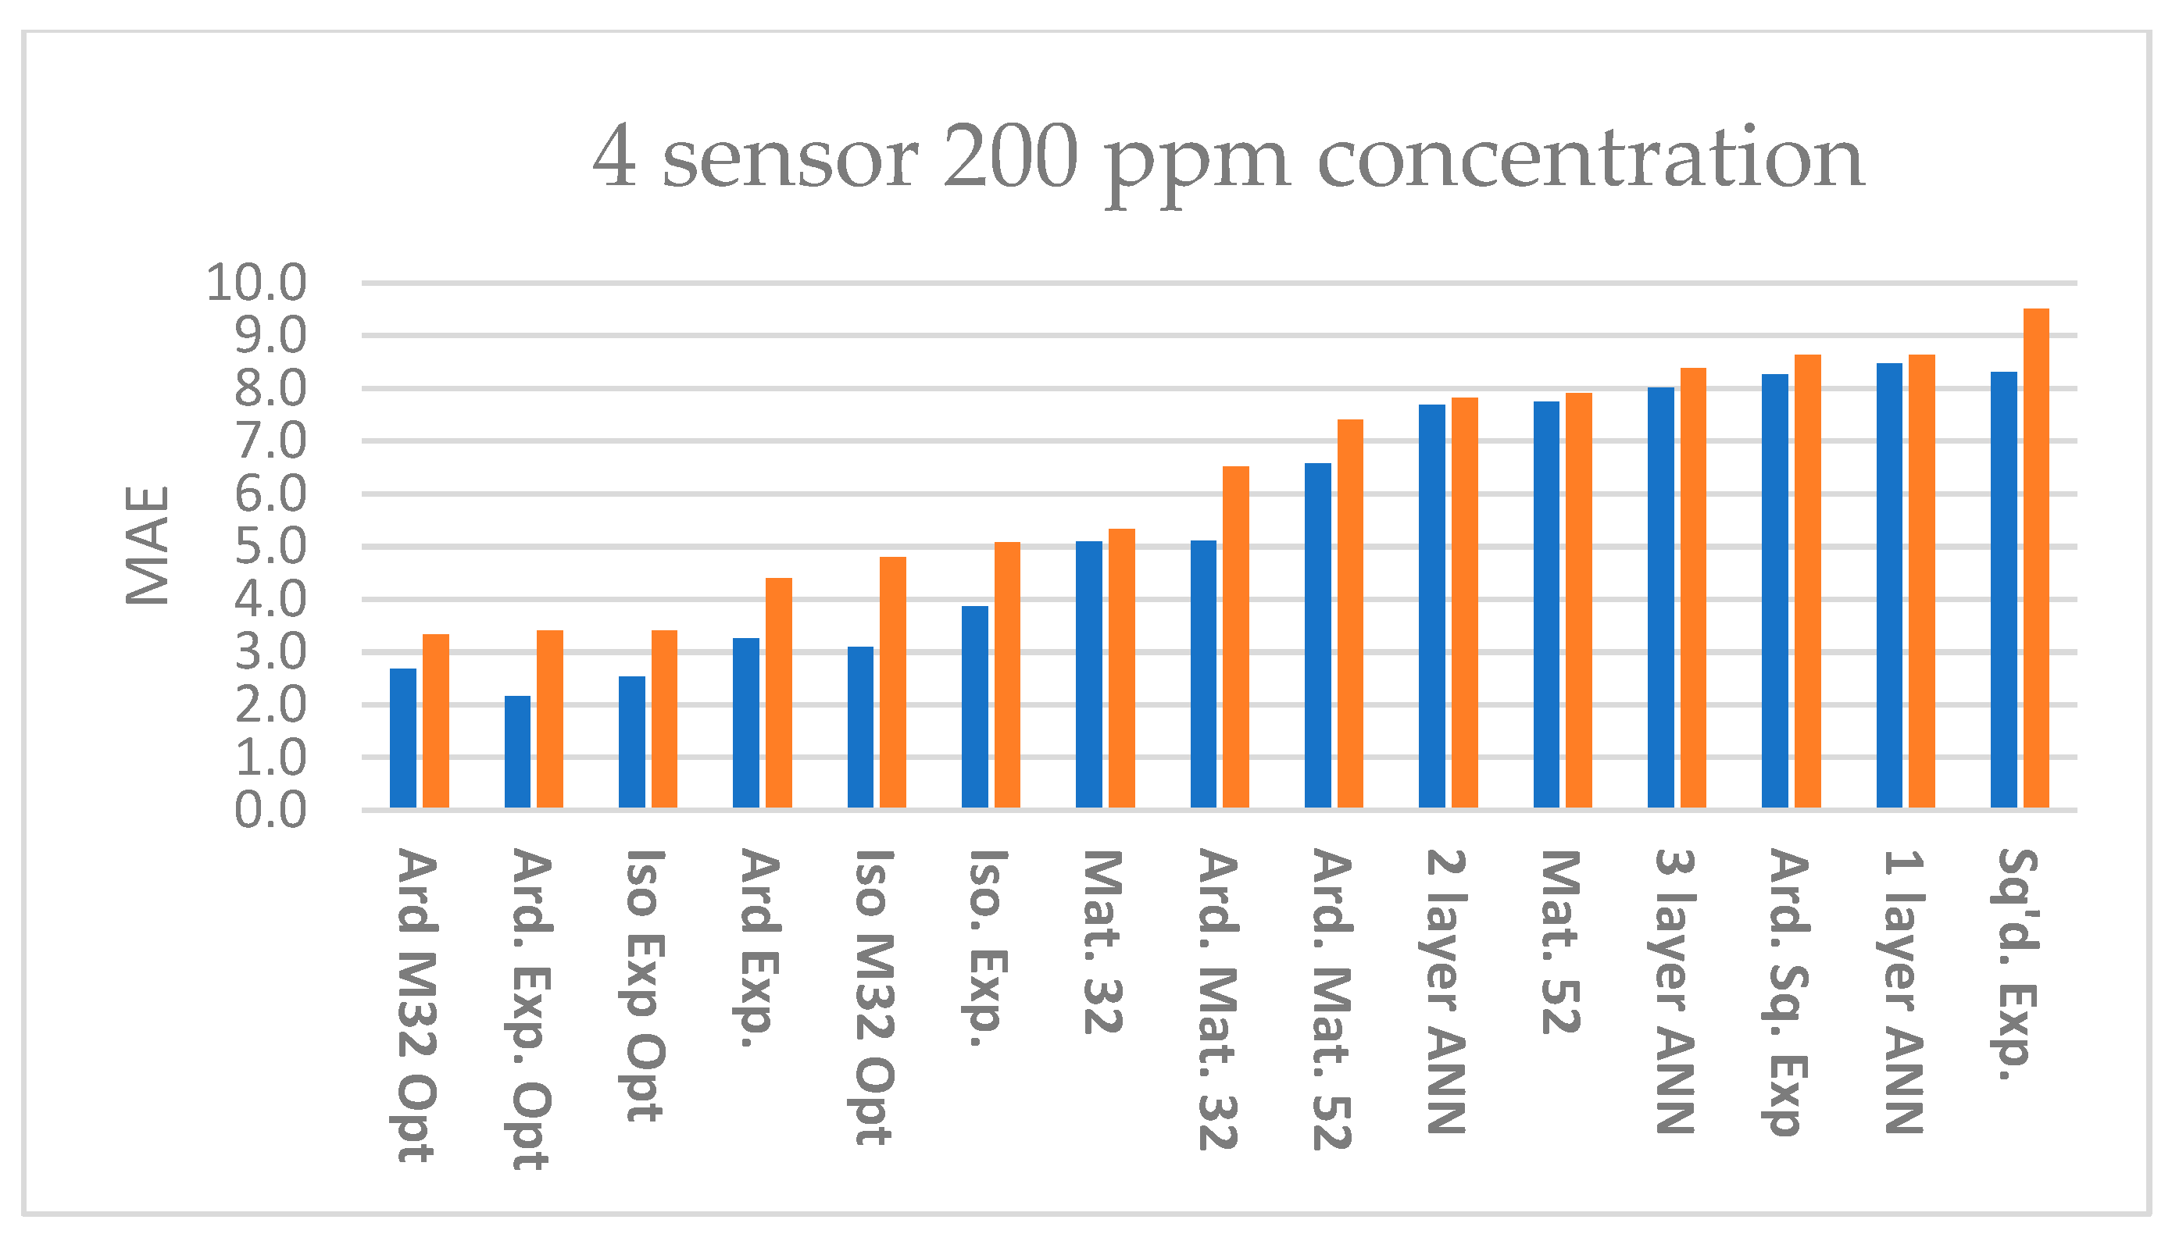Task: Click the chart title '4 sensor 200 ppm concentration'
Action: [1227, 159]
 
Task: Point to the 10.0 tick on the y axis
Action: [255, 283]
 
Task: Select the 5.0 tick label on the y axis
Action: [270, 547]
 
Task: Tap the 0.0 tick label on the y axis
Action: [270, 811]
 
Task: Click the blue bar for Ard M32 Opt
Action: [403, 738]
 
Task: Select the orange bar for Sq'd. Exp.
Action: [2037, 558]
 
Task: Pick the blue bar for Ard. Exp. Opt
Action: [517, 752]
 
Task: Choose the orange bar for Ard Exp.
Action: [779, 693]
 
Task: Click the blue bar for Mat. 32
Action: [1088, 674]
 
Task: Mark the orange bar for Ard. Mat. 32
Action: [1236, 637]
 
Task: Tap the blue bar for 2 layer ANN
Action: [1432, 606]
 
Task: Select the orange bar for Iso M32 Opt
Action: [892, 682]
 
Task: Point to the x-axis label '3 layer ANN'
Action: [1674, 991]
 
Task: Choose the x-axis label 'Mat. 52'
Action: [1561, 942]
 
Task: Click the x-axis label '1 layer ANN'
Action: [1903, 991]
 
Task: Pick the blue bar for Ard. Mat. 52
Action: [1318, 635]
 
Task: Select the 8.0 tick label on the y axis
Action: [270, 390]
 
